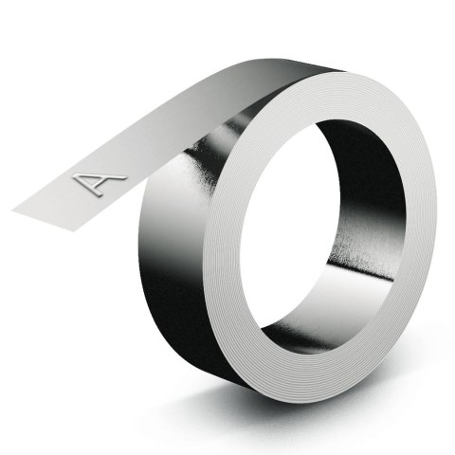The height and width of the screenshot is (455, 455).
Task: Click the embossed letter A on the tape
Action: click(100, 183)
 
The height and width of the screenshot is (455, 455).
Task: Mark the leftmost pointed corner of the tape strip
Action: click(11, 209)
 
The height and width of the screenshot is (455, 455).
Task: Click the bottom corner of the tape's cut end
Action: click(73, 231)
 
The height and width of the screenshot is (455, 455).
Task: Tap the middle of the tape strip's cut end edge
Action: click(43, 221)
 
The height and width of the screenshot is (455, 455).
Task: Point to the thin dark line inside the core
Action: click(360, 271)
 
